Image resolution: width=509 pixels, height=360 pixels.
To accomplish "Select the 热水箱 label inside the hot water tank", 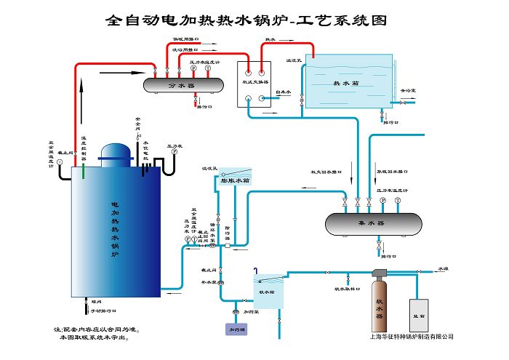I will coord(346,83).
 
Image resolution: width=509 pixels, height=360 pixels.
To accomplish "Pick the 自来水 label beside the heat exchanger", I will coord(283,92).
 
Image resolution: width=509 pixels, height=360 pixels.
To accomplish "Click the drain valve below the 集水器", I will coord(379,247).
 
